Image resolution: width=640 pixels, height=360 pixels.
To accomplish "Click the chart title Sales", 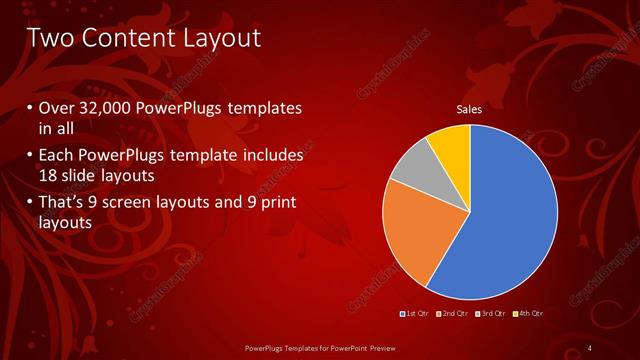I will coord(470,109).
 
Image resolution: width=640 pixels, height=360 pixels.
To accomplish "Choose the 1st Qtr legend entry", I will coord(414,314).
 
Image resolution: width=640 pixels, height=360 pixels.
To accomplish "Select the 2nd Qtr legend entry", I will coord(454,314).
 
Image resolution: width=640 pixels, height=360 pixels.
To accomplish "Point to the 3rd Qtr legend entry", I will coord(491,314).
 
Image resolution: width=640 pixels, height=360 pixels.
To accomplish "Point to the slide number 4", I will coord(590,347).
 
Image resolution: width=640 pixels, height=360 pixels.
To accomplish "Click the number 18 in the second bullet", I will coord(50,175).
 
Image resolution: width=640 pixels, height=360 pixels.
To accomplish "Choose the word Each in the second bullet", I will coord(57,156).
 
